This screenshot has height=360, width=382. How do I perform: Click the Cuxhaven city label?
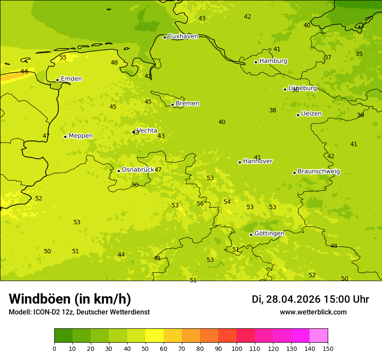click(183, 36)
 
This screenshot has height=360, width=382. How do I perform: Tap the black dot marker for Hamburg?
click(256, 62)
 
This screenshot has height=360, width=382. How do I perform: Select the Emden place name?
click(71, 79)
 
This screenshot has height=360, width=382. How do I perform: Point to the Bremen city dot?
click(172, 105)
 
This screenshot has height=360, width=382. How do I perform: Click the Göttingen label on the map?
click(269, 234)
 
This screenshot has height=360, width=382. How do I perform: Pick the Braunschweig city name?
click(319, 172)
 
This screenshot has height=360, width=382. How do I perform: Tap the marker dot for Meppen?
click(65, 137)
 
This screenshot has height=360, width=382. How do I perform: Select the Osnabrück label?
click(138, 170)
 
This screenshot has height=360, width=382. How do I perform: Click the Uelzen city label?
click(311, 114)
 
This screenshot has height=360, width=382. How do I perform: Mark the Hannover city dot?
click(240, 162)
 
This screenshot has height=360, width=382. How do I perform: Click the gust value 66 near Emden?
click(25, 72)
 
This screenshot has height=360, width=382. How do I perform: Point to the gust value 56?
click(200, 204)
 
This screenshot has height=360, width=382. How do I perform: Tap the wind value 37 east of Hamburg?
click(328, 58)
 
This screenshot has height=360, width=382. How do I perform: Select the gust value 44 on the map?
click(121, 255)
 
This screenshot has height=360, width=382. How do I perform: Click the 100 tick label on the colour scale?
click(237, 348)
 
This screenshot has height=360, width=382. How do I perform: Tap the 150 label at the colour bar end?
click(328, 348)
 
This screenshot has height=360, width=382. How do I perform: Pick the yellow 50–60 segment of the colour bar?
click(155, 335)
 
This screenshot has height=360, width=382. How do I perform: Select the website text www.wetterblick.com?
click(313, 312)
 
